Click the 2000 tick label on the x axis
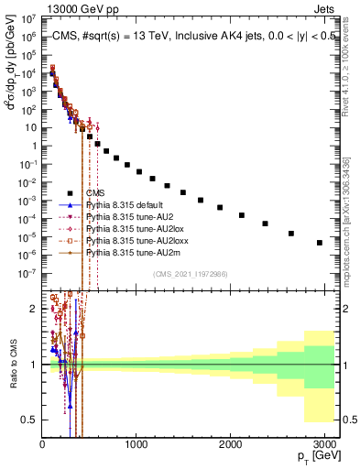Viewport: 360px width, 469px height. (231, 443)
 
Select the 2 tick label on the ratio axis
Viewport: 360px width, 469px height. (35, 309)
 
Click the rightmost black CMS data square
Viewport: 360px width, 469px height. (320, 243)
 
